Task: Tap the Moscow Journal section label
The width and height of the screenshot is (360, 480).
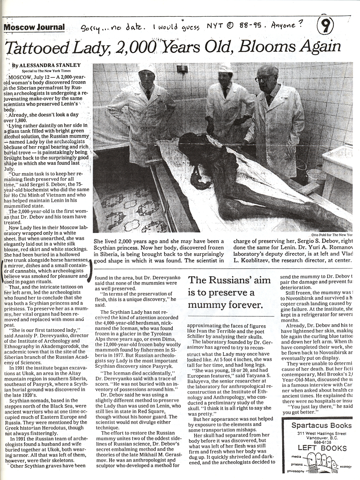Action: click(34, 28)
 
